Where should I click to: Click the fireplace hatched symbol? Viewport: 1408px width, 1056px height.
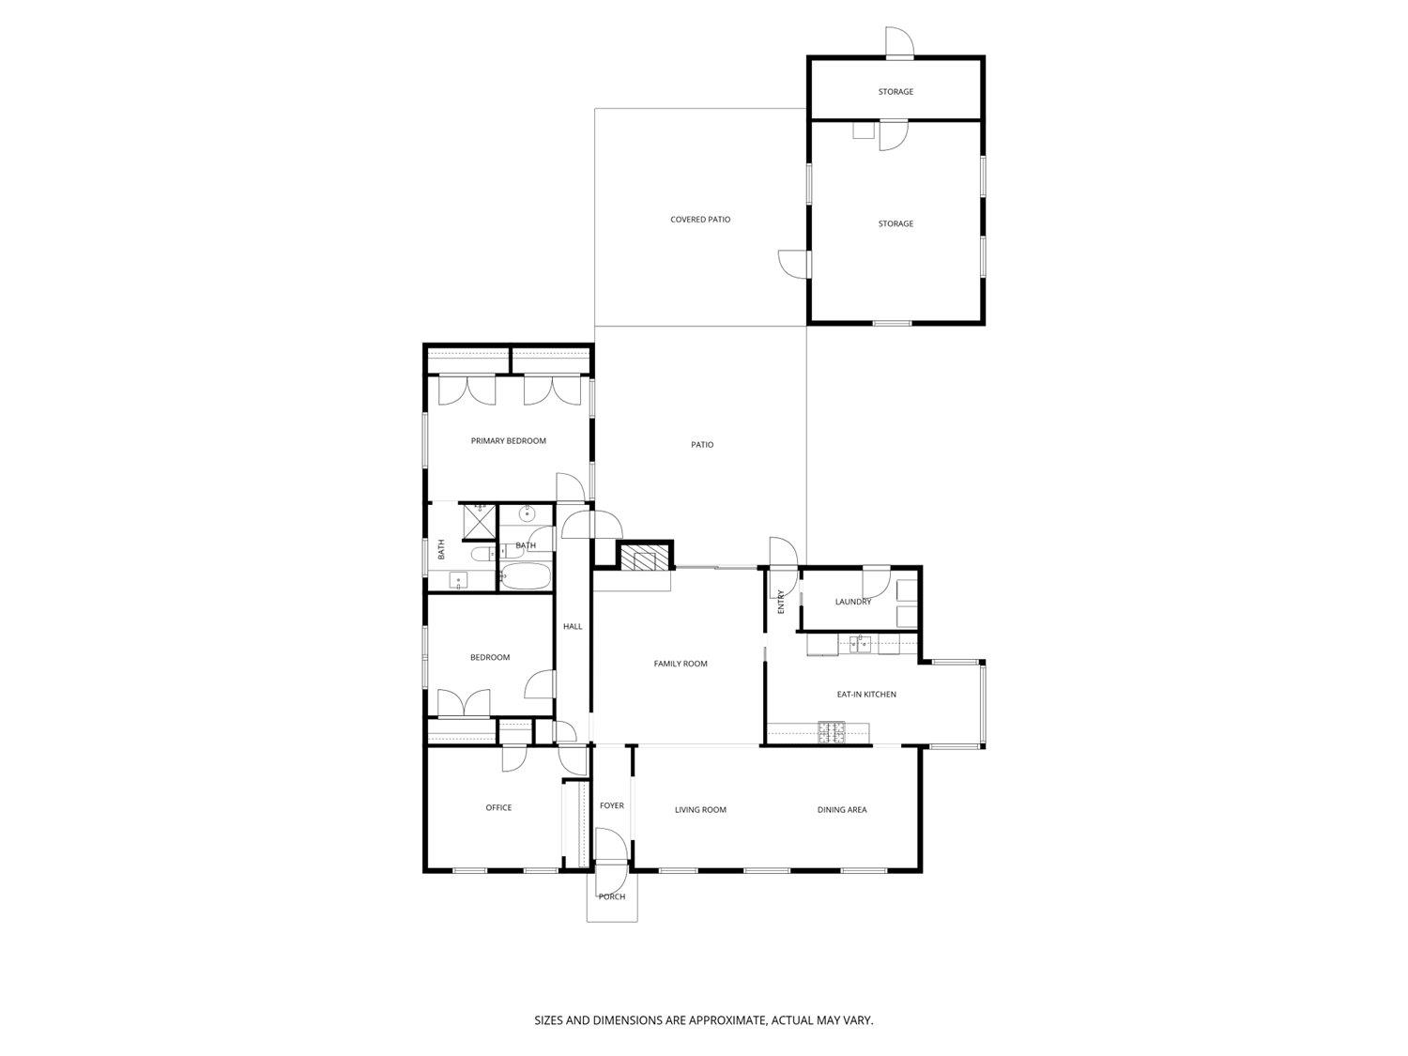[x=645, y=558]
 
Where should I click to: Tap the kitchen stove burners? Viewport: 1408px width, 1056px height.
[x=831, y=732]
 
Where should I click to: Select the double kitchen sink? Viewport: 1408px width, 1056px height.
[x=859, y=643]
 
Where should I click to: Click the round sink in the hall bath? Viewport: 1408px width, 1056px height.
[x=527, y=513]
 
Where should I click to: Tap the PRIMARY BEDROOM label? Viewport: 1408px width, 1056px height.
[x=508, y=440]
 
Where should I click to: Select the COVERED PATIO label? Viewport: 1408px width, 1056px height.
[x=700, y=220]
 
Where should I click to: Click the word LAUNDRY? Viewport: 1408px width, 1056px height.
[x=852, y=602]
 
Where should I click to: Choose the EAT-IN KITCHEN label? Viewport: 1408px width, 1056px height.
[x=866, y=695]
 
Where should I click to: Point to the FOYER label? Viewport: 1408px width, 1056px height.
[x=611, y=805]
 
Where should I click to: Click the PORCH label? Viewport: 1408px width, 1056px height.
[x=611, y=896]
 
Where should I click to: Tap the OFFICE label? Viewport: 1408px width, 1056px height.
[x=498, y=807]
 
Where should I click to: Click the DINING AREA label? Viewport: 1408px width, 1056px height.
[x=842, y=809]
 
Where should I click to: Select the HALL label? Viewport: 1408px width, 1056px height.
[x=573, y=626]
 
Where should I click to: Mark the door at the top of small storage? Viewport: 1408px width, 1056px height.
[x=899, y=42]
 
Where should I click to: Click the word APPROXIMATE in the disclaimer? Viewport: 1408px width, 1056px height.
[x=724, y=1019]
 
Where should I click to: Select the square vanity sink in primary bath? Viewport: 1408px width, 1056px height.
[x=458, y=581]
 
